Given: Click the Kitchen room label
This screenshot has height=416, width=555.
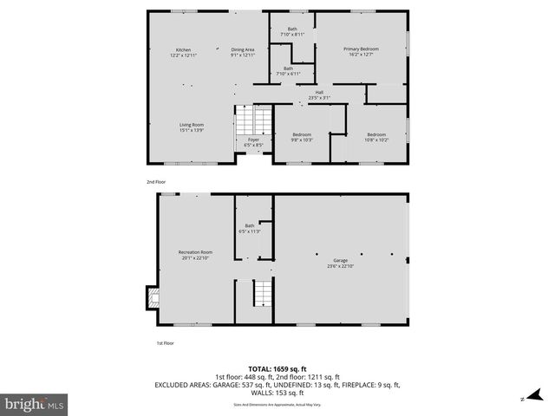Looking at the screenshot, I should click(x=184, y=52).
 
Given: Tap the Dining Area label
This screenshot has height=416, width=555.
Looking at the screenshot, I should click(x=243, y=52).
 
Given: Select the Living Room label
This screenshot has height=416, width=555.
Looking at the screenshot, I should click(x=192, y=127).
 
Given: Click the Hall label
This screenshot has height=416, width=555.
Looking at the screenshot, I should click(x=319, y=94).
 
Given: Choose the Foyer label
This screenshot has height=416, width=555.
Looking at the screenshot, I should click(x=253, y=141).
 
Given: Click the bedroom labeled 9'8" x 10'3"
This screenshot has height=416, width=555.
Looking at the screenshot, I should click(x=302, y=136).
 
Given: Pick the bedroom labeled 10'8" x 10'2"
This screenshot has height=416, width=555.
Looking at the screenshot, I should click(x=376, y=136).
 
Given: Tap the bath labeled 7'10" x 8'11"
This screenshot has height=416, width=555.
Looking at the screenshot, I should click(x=292, y=32).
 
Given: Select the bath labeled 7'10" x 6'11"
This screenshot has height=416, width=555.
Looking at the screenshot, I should click(x=288, y=70).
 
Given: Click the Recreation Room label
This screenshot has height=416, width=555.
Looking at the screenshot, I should click(x=195, y=254).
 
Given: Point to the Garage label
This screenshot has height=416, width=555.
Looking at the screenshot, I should click(x=341, y=263).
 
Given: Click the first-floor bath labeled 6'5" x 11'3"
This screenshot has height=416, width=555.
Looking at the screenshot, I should click(x=250, y=228).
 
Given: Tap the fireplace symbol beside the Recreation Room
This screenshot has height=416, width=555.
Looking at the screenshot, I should click(x=153, y=298).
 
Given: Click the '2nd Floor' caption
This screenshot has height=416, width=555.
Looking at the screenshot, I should click(x=156, y=182).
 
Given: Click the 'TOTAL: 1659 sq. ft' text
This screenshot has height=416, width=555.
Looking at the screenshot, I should click(x=277, y=368).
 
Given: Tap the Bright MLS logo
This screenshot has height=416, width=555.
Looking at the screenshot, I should click(x=35, y=404).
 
